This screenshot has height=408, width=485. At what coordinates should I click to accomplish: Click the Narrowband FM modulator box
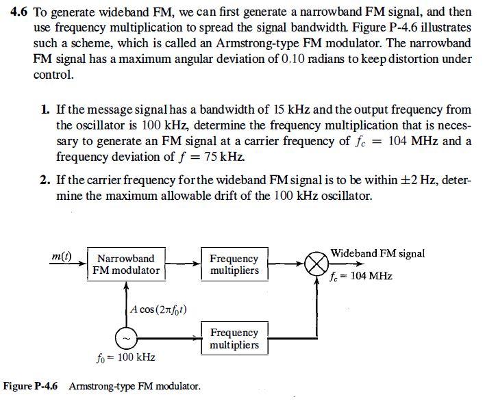point(126,264)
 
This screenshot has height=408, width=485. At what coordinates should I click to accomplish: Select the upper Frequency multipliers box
point(234,264)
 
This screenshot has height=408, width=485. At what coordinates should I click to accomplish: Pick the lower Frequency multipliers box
point(234,338)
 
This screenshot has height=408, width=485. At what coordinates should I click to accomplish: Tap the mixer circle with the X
point(316,264)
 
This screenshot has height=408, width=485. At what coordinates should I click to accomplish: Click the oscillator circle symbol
point(126,338)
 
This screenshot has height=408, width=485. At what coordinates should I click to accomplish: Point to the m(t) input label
point(62,256)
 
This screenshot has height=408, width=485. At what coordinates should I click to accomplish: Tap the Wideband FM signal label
point(377,253)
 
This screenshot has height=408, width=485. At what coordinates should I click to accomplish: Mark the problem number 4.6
point(21,14)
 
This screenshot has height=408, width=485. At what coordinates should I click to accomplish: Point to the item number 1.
point(44,110)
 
